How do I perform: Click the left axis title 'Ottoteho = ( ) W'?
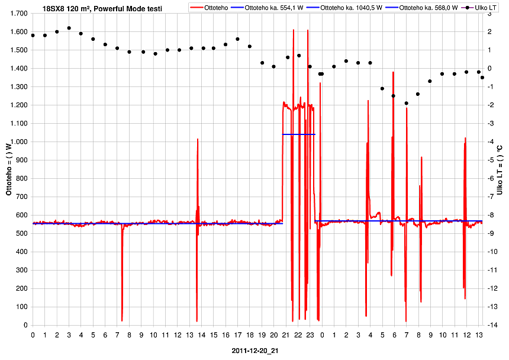pyautogui.click(x=8, y=169)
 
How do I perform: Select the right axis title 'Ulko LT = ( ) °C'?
pyautogui.click(x=500, y=170)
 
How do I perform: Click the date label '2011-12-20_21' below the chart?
pyautogui.click(x=255, y=351)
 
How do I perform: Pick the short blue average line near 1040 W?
pyautogui.click(x=299, y=134)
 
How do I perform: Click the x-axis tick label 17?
pyautogui.click(x=237, y=335)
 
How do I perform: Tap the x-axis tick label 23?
pyautogui.click(x=310, y=335)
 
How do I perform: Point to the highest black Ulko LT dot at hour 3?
pyautogui.click(x=69, y=28)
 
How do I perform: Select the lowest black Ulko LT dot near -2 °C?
pyautogui.click(x=407, y=103)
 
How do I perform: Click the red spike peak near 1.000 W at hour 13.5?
pyautogui.click(x=198, y=139)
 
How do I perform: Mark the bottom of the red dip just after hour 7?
pyautogui.click(x=122, y=320)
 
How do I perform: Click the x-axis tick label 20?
pyautogui.click(x=273, y=335)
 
